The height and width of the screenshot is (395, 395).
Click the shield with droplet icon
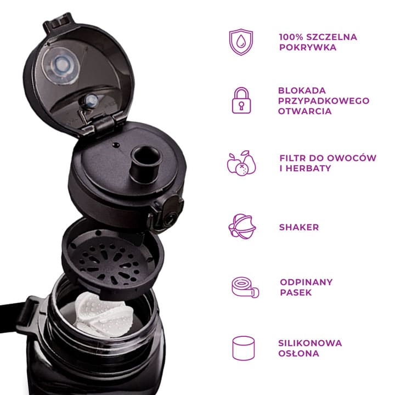tap(241, 42)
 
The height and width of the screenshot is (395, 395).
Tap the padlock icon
tap(241, 100)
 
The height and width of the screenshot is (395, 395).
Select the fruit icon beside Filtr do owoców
tap(241, 163)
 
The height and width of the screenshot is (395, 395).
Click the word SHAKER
tap(299, 227)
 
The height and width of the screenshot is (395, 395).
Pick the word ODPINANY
tap(306, 282)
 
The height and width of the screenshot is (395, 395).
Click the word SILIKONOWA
tap(310, 343)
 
